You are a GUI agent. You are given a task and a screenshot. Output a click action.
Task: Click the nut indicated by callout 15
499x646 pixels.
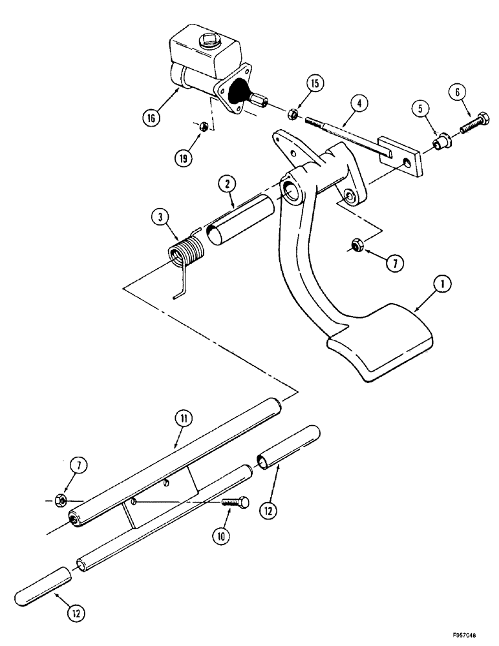(292, 114)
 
